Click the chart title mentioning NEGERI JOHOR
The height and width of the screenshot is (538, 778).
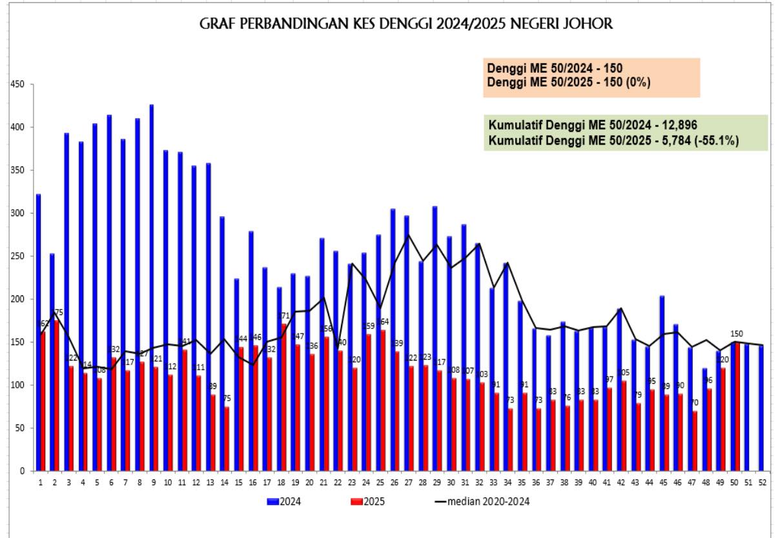[407, 25]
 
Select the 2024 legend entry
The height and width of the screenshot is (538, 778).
[283, 501]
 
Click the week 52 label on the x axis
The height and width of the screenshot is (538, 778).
[763, 483]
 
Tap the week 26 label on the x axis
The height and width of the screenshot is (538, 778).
[393, 483]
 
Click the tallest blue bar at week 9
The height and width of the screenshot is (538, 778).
[151, 290]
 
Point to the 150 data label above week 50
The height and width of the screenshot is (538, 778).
[736, 334]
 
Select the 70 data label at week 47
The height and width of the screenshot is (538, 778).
[694, 403]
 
